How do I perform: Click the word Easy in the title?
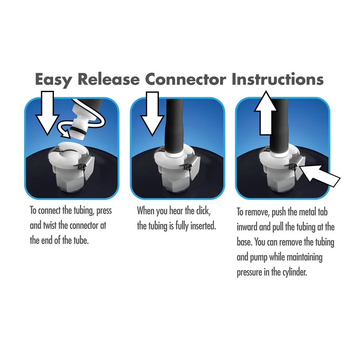(53, 80)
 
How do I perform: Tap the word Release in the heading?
(108, 79)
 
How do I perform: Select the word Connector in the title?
(186, 80)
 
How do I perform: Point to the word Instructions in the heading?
(278, 79)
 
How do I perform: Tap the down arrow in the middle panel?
(152, 114)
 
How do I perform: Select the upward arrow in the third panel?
(266, 113)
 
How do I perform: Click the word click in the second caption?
(202, 211)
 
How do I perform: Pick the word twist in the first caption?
(50, 226)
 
